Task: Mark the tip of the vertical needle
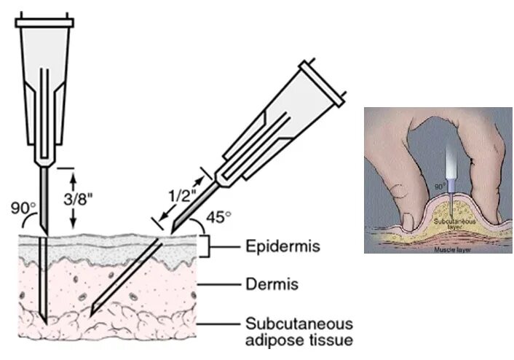pyautogui.click(x=44, y=325)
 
